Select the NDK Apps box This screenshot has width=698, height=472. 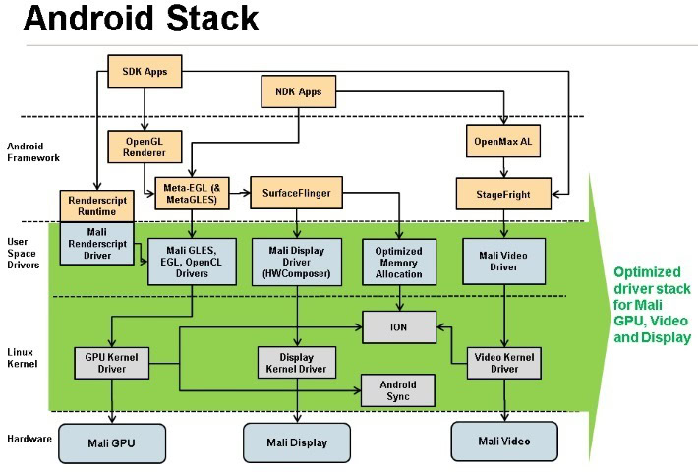(x=298, y=92)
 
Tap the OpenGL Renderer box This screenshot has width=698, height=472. (x=144, y=147)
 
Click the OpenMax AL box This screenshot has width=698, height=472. (x=502, y=142)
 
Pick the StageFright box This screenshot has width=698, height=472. (x=502, y=194)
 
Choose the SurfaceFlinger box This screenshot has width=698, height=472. (x=296, y=193)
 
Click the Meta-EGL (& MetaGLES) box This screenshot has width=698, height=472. (x=193, y=194)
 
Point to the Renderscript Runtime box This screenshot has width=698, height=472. (x=95, y=205)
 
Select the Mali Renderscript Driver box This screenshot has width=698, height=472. (x=95, y=244)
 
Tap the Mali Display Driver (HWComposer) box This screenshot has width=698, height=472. (x=296, y=260)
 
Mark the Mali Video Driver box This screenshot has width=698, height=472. (x=503, y=260)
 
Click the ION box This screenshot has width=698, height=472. (x=398, y=325)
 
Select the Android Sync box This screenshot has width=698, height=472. (x=398, y=390)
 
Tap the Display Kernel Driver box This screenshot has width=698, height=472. (x=296, y=363)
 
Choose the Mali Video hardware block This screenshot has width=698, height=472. (x=503, y=441)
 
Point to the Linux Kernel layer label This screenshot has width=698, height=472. (x=22, y=358)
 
